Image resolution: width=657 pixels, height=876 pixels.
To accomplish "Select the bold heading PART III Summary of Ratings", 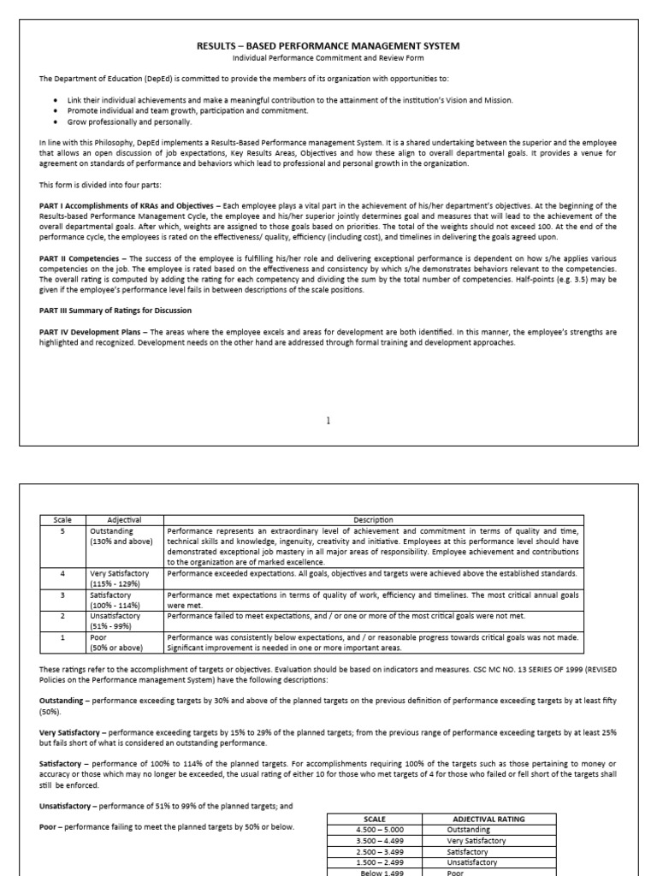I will point(115,311).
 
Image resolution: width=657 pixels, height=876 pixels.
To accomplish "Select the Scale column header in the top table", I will point(63,519).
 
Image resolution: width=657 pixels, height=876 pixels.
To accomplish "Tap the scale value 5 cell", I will point(63,530).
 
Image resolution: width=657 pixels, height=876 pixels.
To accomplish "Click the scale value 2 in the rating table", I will point(63,615).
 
